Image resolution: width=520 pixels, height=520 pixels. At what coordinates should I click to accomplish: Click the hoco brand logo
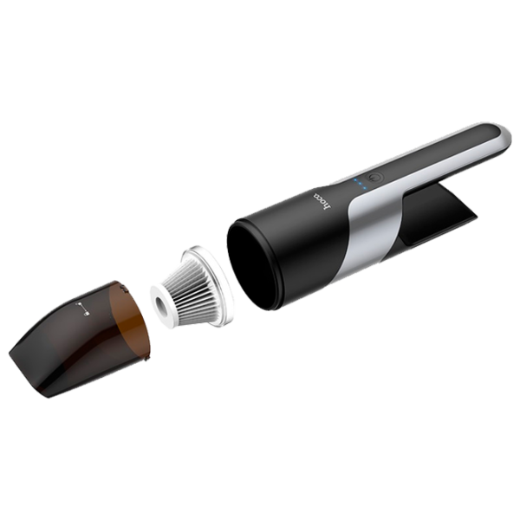pos(322,202)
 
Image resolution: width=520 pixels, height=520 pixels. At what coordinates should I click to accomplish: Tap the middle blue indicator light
pos(360,185)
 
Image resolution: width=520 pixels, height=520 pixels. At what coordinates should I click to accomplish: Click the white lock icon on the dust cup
pos(82,309)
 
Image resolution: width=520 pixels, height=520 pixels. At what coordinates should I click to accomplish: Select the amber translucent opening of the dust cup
pos(131,320)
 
